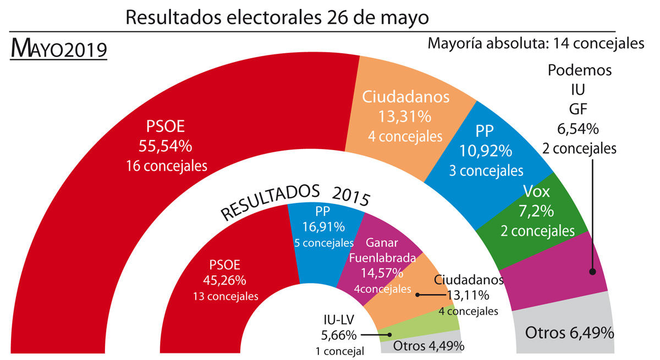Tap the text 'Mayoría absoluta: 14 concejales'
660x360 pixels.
(x=536, y=43)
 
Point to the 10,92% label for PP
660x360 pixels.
(x=485, y=150)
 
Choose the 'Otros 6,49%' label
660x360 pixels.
(x=570, y=333)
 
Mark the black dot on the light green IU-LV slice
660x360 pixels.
(x=389, y=334)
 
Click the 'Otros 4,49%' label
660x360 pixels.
(x=428, y=346)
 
